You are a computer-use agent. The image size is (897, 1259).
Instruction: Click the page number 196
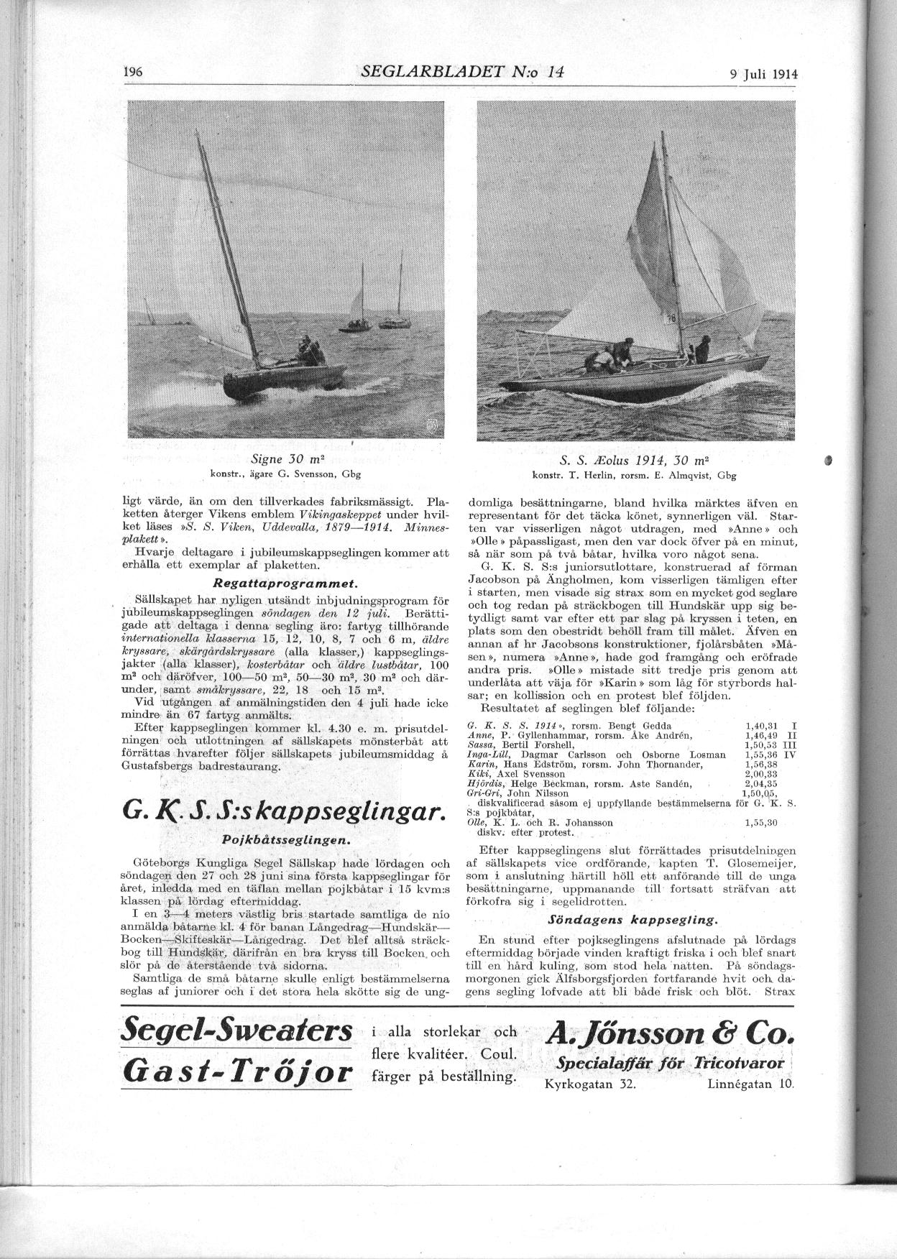(x=134, y=72)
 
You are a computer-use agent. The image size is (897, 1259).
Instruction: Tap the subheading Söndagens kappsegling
(x=632, y=919)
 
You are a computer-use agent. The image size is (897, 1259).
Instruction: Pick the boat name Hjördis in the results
(x=482, y=784)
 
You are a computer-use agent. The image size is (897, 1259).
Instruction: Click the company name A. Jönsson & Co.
(x=670, y=1033)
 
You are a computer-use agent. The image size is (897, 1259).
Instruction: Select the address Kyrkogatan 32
(x=589, y=1084)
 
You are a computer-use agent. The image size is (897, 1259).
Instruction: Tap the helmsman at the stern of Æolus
(x=701, y=351)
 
